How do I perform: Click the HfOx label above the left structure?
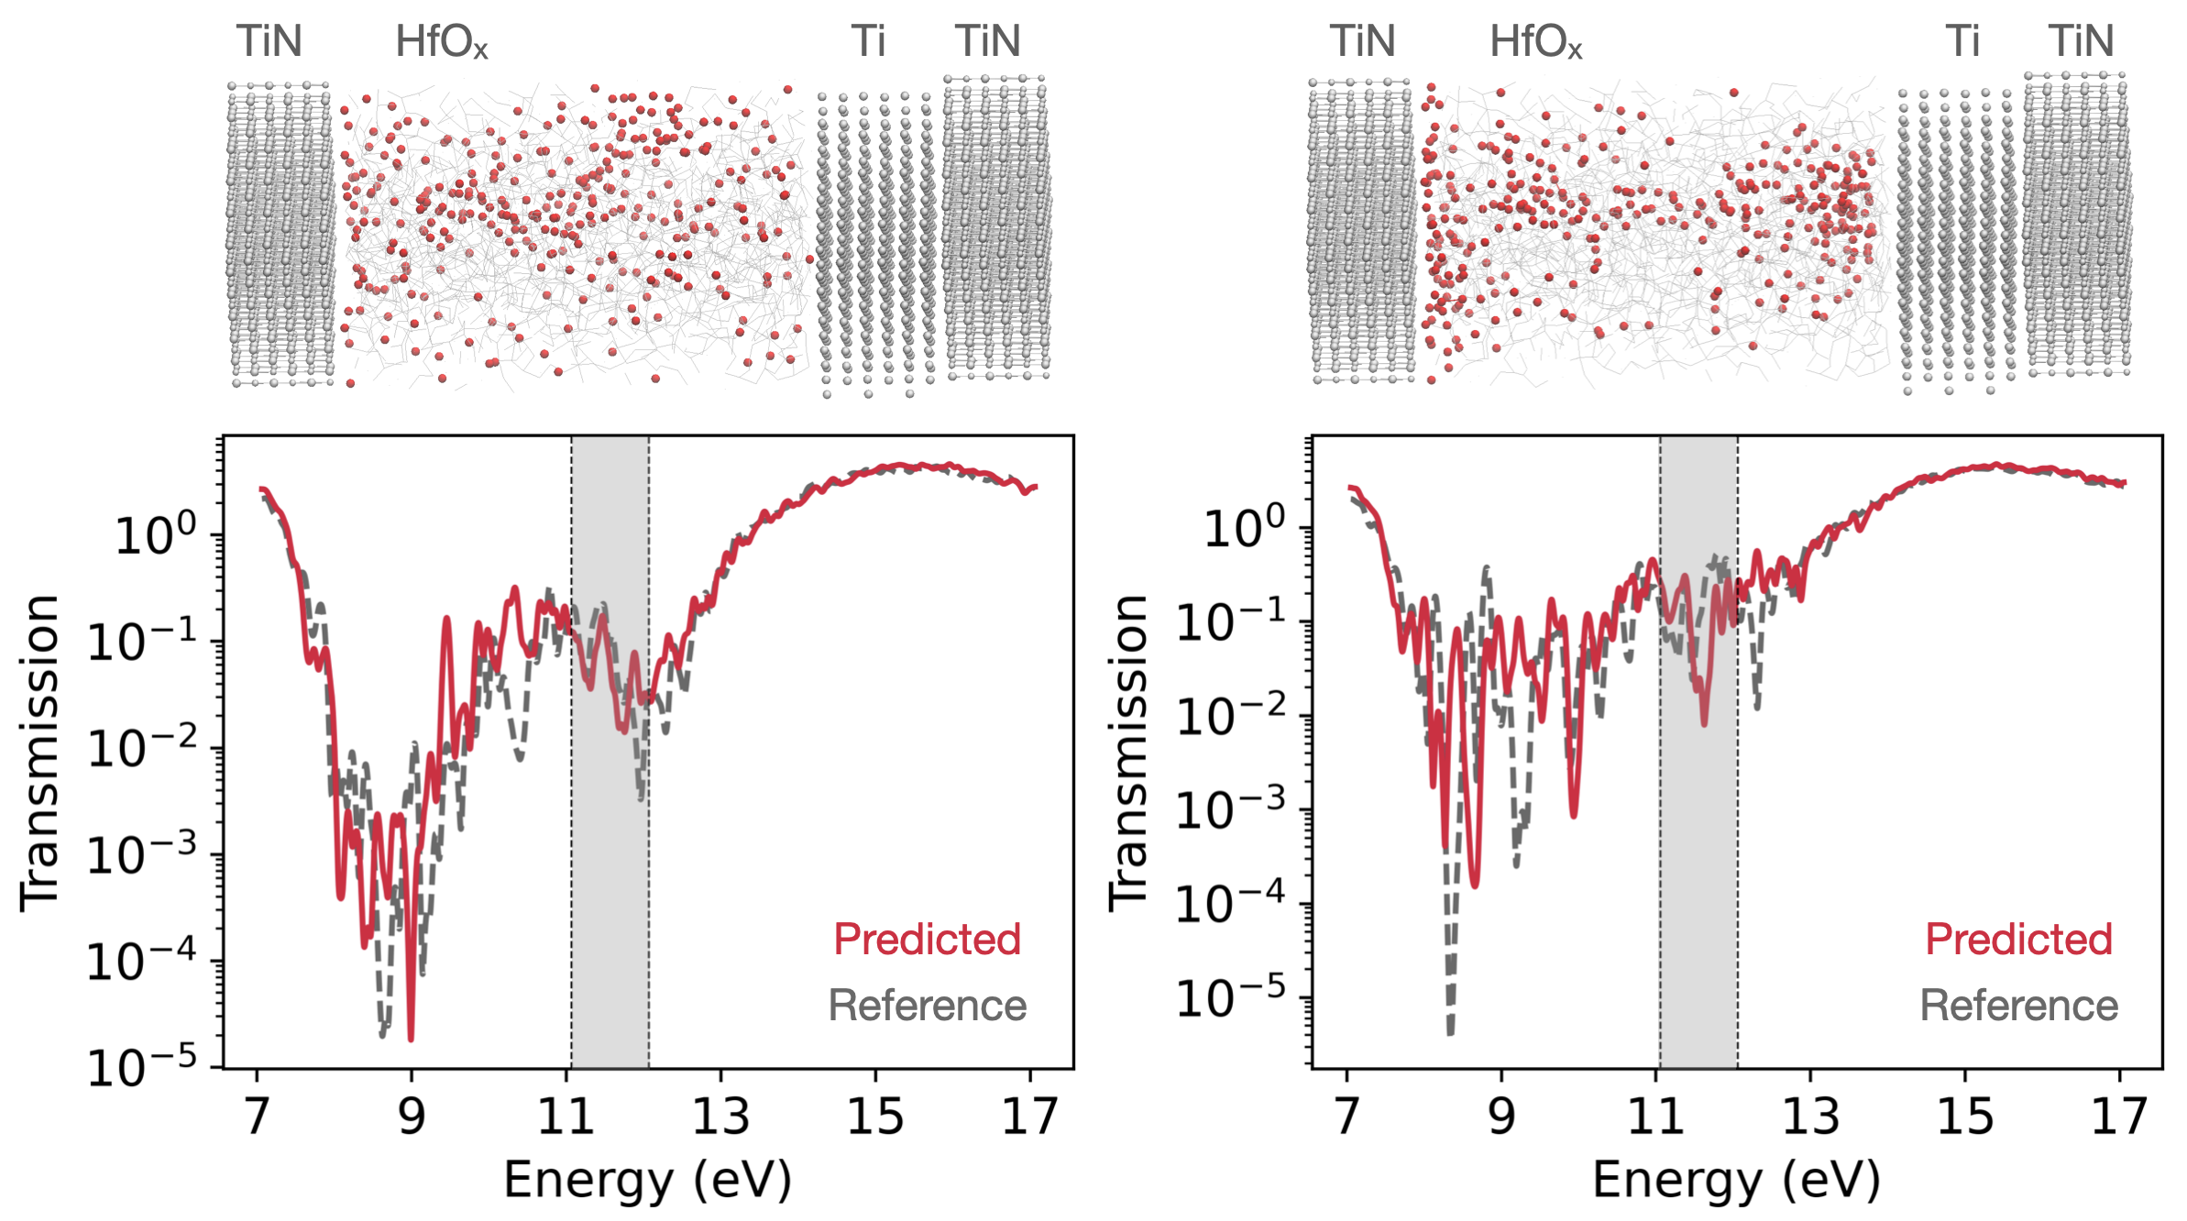pyautogui.click(x=441, y=42)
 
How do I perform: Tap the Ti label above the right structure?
pyautogui.click(x=1962, y=42)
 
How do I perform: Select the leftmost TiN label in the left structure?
pyautogui.click(x=269, y=42)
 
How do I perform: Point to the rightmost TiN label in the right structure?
pyautogui.click(x=2081, y=42)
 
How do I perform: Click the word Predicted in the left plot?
pyautogui.click(x=927, y=940)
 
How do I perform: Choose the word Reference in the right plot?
pyautogui.click(x=2018, y=1006)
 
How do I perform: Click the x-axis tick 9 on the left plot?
pyautogui.click(x=412, y=1116)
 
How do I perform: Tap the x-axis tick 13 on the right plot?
pyautogui.click(x=1810, y=1116)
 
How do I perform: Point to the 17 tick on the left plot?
pyautogui.click(x=1030, y=1116)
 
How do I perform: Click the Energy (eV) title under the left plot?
pyautogui.click(x=647, y=1179)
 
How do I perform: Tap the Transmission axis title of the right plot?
pyautogui.click(x=1128, y=752)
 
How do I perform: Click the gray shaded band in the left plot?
pyautogui.click(x=610, y=871)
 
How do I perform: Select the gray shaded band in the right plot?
pyautogui.click(x=1698, y=871)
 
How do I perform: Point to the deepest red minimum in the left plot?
pyautogui.click(x=411, y=1038)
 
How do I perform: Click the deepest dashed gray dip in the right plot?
pyautogui.click(x=1450, y=1032)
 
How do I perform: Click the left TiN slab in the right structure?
pyautogui.click(x=1361, y=229)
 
